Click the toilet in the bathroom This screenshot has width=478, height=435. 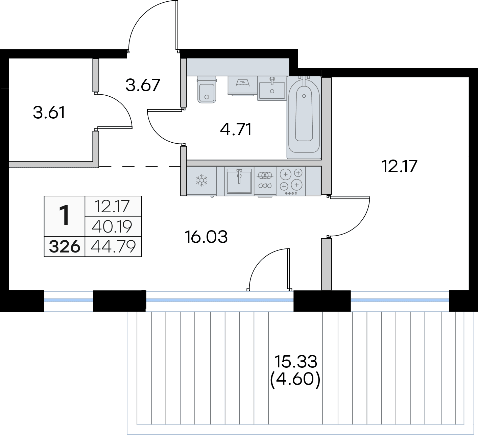coord(207,90)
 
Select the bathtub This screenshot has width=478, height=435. coord(304,118)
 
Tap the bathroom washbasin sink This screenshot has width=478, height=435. coord(272,88)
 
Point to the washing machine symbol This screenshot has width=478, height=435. coord(243,85)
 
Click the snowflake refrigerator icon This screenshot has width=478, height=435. coord(201,180)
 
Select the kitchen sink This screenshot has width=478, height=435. coord(239,181)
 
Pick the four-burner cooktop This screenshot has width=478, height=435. coord(291,181)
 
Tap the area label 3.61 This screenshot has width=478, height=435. coord(49,113)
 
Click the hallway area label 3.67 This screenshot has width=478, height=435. coord(143,85)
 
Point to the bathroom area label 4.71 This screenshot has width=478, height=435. coord(236,130)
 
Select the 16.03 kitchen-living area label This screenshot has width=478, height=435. coord(206,237)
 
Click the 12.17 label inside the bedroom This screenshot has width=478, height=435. coord(399,166)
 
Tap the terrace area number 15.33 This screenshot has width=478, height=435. coord(296,362)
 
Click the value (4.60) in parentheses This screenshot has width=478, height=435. coord(295,380)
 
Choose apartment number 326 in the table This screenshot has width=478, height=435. coord(64,247)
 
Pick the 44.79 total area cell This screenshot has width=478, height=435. coord(113,246)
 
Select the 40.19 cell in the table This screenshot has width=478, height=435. coord(112,226)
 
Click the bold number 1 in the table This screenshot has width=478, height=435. coord(65,216)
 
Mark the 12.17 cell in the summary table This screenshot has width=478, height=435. coord(112,207)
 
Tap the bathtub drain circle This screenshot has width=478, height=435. coord(304,96)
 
